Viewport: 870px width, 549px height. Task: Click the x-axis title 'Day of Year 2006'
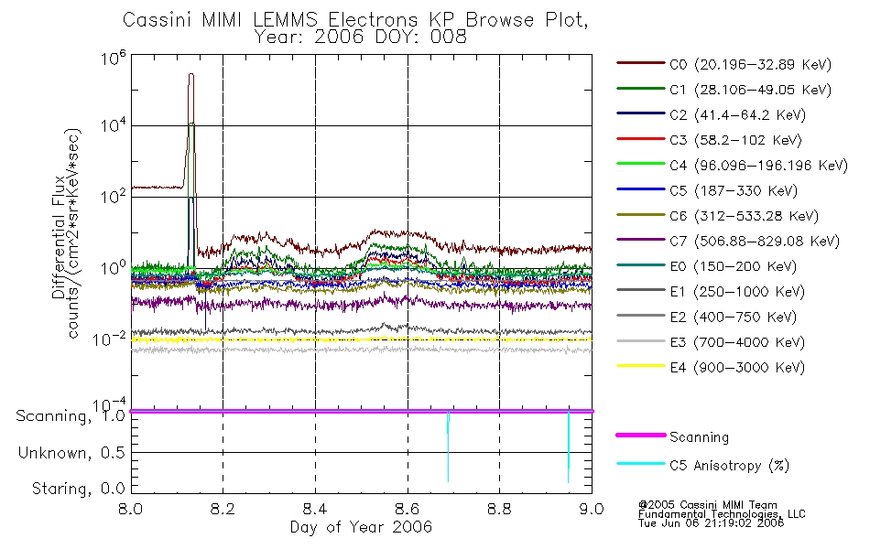[361, 528]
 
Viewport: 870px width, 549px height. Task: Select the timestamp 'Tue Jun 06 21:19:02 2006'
[712, 524]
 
